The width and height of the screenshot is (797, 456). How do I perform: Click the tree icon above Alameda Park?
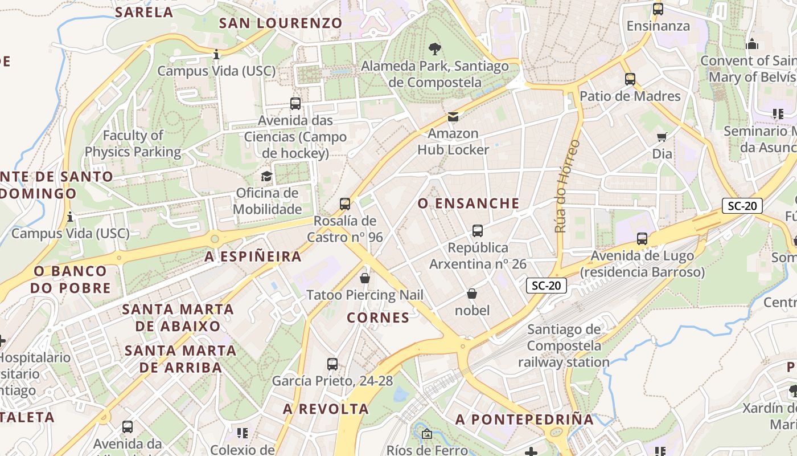[x=435, y=48]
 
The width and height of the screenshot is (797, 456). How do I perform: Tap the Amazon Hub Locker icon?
[x=453, y=117]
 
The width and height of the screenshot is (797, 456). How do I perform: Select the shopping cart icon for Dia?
[x=662, y=137]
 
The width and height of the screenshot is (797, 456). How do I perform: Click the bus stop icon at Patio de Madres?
[x=630, y=79]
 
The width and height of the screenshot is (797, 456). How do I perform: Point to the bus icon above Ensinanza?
[x=658, y=9]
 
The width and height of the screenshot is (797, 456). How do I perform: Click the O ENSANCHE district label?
[x=469, y=203]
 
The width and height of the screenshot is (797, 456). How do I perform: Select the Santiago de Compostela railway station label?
[x=564, y=345]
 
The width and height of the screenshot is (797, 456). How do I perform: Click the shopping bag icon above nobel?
[x=472, y=294]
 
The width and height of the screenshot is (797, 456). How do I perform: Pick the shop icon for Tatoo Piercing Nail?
[x=365, y=278]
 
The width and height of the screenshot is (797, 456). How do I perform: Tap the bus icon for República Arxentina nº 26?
[x=478, y=231]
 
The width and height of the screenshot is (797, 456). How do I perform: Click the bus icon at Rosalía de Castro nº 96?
[x=344, y=204]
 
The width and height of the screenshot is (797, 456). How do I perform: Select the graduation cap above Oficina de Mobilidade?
[x=266, y=176]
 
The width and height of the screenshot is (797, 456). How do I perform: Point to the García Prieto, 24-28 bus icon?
[x=332, y=364]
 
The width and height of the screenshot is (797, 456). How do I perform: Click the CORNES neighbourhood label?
[x=378, y=317]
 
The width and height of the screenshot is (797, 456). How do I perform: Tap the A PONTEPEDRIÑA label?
[x=524, y=420]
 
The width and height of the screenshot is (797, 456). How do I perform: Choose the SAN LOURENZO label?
[x=280, y=23]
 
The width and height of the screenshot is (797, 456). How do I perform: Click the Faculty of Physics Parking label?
[x=133, y=144]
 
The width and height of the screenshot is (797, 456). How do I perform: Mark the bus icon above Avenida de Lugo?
[x=642, y=239]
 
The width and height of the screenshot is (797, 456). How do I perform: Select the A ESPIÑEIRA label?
[x=253, y=256]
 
